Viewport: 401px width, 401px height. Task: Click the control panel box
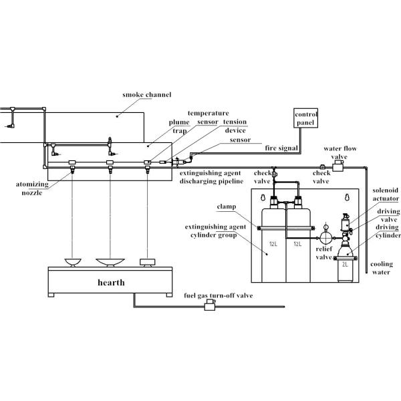[x=307, y=118]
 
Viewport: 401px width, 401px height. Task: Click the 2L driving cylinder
[x=346, y=263]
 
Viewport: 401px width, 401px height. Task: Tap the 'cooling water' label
[x=382, y=267]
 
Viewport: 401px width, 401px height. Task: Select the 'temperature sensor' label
[x=208, y=118]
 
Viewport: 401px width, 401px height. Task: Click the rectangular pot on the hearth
[x=146, y=261]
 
